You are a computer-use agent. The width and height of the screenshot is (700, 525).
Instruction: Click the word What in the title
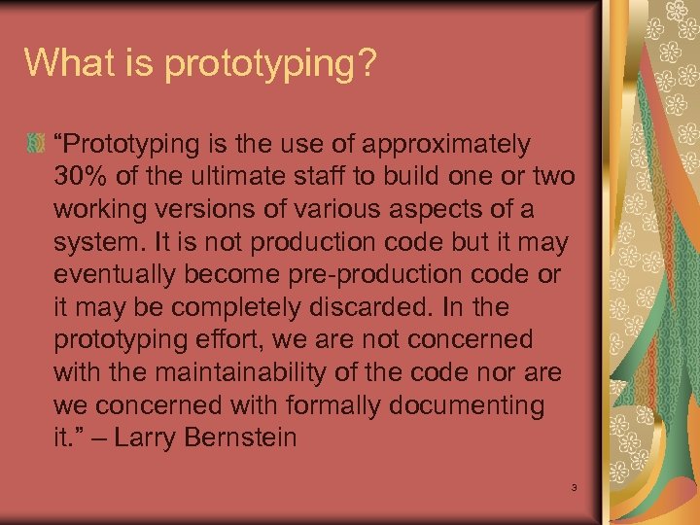pyautogui.click(x=65, y=62)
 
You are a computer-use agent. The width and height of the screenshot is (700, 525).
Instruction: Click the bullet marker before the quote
pyautogui.click(x=36, y=145)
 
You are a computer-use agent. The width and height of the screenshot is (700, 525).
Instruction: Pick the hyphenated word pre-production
pyautogui.click(x=377, y=274)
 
